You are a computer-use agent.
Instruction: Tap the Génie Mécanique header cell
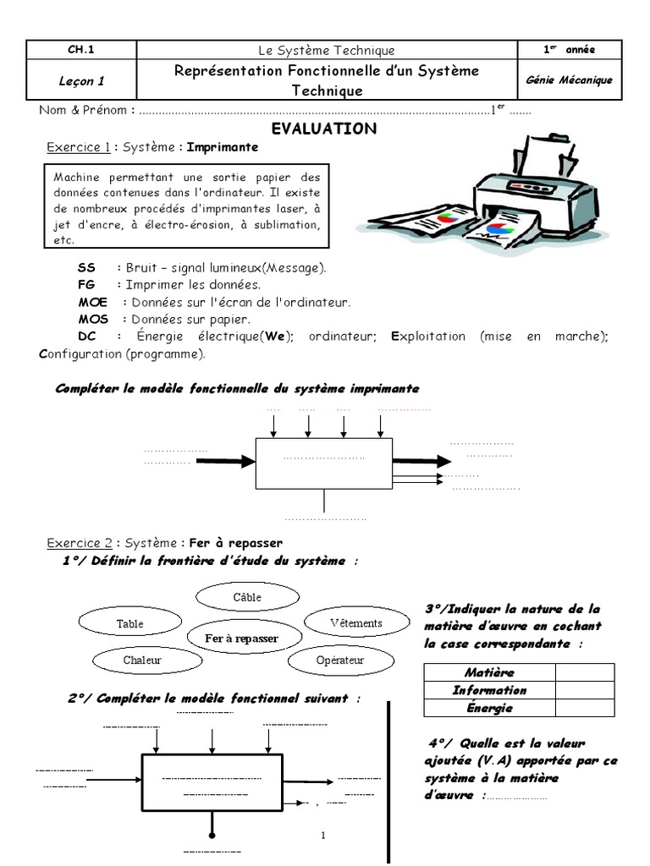point(569,80)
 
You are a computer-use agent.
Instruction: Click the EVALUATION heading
point(323,129)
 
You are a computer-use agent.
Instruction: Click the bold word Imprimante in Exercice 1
point(222,147)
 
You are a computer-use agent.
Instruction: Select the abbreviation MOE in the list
point(92,302)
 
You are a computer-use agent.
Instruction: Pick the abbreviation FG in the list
point(85,285)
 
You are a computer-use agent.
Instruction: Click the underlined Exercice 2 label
point(79,543)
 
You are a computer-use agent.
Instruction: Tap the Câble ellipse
point(247,597)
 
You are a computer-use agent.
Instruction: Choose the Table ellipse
point(129,624)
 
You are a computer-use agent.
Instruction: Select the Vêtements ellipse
point(355,623)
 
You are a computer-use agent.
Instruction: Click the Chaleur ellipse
point(141,660)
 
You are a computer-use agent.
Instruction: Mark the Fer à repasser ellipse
point(241,639)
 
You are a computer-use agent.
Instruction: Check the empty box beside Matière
point(585,672)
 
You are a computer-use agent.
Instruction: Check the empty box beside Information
point(585,690)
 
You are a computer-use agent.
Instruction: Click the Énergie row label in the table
point(489,708)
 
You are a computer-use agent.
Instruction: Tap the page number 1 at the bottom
point(323,836)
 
